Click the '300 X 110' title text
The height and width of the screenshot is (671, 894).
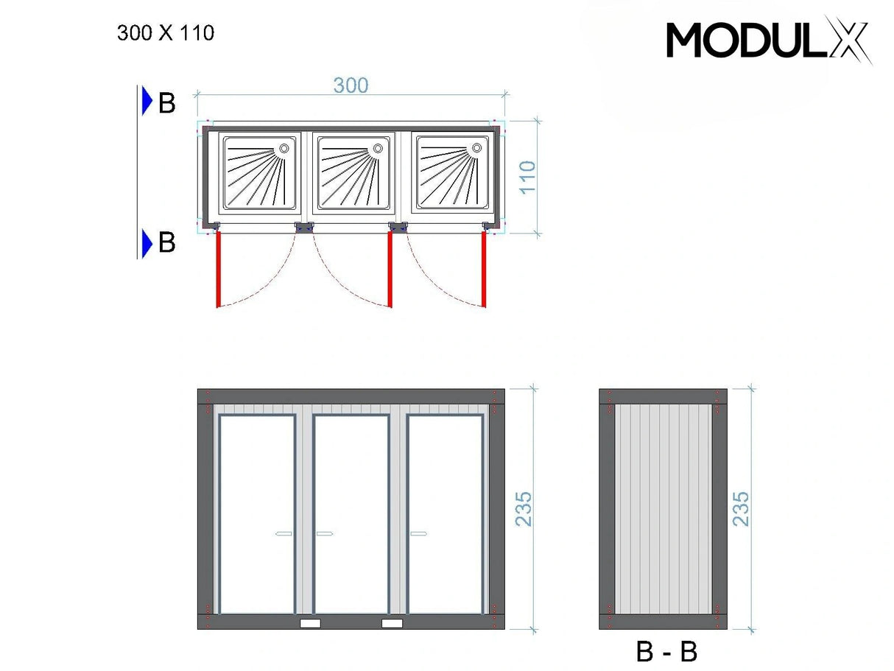click(x=166, y=33)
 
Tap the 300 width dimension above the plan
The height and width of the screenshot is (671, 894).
click(x=351, y=85)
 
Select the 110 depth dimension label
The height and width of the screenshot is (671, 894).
click(x=527, y=178)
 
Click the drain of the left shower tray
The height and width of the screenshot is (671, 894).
click(x=284, y=149)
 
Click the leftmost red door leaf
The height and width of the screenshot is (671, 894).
click(x=218, y=269)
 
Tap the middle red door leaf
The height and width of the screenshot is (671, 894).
click(x=390, y=269)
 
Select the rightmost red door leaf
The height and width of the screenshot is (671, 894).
click(x=485, y=269)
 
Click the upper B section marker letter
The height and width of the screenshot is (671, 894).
click(x=167, y=104)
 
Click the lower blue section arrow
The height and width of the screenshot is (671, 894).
click(x=147, y=242)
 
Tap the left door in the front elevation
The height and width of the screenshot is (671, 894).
click(x=257, y=513)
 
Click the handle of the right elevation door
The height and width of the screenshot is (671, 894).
click(x=419, y=533)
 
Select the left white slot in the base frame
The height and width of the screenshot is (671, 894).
click(x=310, y=623)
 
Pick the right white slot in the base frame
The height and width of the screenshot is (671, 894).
click(x=393, y=623)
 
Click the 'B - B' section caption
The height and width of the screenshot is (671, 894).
click(x=666, y=652)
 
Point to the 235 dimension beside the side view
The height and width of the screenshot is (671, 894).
click(x=741, y=508)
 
